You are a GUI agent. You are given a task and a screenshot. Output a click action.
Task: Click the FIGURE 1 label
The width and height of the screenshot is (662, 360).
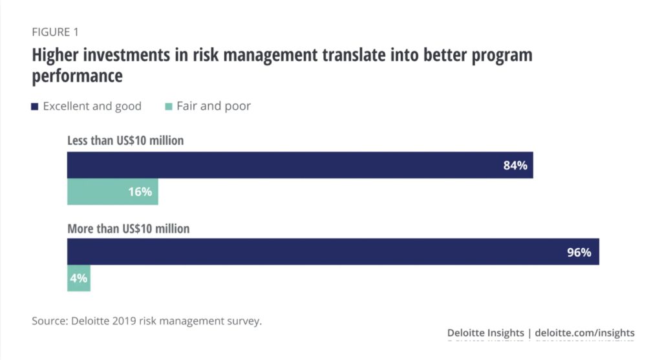tap(56, 32)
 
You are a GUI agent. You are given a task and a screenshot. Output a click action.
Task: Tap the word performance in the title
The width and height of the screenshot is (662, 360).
tap(77, 76)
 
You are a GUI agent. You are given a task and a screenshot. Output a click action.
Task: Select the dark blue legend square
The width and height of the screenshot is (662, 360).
tap(35, 107)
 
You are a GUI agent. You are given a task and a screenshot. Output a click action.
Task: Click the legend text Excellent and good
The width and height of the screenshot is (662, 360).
tap(92, 107)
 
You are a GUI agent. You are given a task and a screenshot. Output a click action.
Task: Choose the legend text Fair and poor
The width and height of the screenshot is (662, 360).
tap(213, 107)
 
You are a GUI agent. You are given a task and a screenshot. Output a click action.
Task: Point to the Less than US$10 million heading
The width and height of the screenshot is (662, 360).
tap(125, 141)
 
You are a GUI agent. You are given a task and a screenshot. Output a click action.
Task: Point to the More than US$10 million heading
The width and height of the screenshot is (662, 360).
tap(129, 228)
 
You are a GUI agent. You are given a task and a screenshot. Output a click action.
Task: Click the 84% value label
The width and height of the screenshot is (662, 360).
tap(515, 165)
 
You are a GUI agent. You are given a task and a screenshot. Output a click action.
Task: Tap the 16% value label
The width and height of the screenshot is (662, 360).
tap(140, 192)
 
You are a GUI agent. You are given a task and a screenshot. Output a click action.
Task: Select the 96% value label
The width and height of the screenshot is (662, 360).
tap(579, 252)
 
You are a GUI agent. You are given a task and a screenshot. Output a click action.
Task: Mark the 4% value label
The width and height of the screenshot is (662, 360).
tap(79, 279)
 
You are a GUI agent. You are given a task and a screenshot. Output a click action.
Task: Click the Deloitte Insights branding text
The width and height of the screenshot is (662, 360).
tap(485, 333)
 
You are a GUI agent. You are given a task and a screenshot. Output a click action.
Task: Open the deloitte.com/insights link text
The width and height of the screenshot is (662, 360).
tap(585, 333)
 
